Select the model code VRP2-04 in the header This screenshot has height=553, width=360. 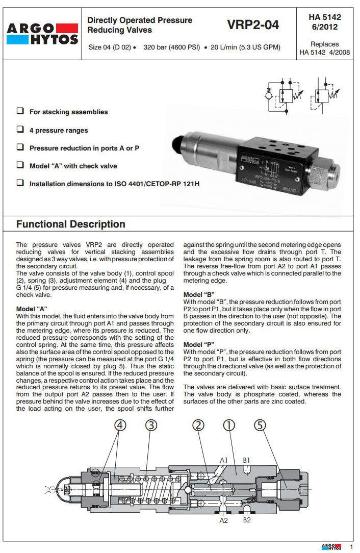[253, 24]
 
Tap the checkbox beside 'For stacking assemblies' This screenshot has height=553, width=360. [20, 111]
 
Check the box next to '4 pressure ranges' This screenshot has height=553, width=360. [20, 130]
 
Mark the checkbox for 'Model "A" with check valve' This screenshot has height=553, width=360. [20, 165]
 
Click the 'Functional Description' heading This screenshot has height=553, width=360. [70, 224]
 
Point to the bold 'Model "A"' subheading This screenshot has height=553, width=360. [32, 309]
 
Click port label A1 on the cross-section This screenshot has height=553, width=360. [223, 460]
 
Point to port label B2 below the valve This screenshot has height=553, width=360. [246, 520]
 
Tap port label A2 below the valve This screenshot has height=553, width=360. [223, 520]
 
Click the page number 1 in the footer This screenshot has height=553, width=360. [351, 546]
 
